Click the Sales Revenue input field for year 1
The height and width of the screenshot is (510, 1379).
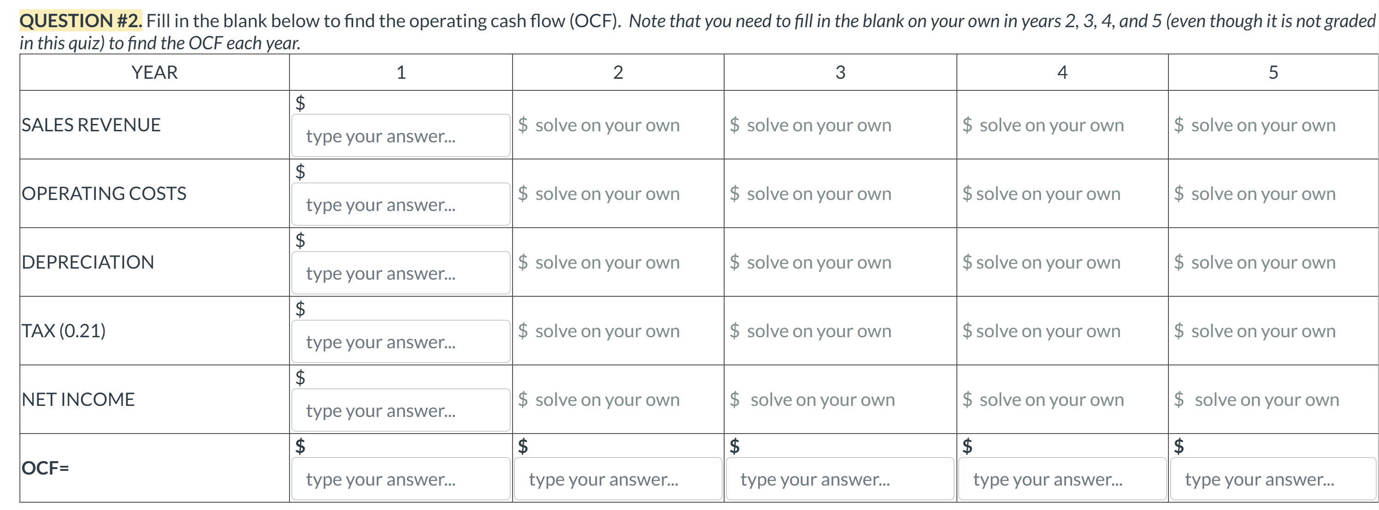pyautogui.click(x=401, y=136)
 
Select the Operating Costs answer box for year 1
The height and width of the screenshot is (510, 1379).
pyautogui.click(x=401, y=205)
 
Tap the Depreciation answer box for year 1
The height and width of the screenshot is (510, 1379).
pyautogui.click(x=401, y=273)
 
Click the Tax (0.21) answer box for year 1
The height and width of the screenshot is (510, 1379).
pyautogui.click(x=401, y=341)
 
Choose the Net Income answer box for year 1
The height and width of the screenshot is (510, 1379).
pyautogui.click(x=401, y=410)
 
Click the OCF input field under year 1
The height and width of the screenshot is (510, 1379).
pyautogui.click(x=401, y=479)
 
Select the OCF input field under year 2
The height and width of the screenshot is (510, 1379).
pyautogui.click(x=617, y=479)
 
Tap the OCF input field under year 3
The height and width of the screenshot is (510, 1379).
pyautogui.click(x=839, y=479)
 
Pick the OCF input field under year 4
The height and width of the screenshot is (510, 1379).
pyautogui.click(x=1061, y=479)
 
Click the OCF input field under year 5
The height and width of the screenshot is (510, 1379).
pyautogui.click(x=1273, y=479)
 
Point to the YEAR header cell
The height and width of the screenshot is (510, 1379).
pyautogui.click(x=154, y=72)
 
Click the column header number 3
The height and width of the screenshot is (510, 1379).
pyautogui.click(x=840, y=72)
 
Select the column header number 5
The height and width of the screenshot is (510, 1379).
pyautogui.click(x=1273, y=72)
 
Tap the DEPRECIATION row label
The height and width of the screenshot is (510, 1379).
pyautogui.click(x=88, y=262)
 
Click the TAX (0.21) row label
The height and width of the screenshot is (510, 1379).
pyautogui.click(x=64, y=331)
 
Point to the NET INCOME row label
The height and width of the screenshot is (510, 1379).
pyautogui.click(x=78, y=399)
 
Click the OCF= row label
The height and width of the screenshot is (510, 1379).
pyautogui.click(x=46, y=468)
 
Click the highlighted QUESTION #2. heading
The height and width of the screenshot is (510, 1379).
pyautogui.click(x=81, y=21)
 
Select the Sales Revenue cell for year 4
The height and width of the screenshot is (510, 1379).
pyautogui.click(x=1051, y=125)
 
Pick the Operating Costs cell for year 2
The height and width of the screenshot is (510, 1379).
pyautogui.click(x=607, y=193)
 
